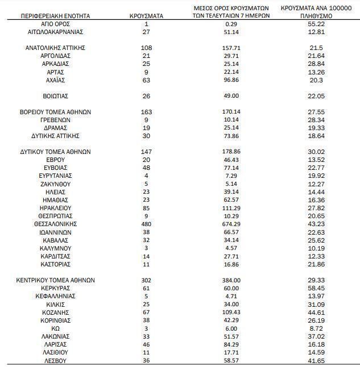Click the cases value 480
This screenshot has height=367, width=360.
(146, 224)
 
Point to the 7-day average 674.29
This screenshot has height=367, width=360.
(230, 224)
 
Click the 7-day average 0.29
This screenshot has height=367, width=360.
(230, 24)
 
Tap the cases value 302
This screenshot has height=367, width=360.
(146, 280)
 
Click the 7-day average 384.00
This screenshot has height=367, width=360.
(230, 280)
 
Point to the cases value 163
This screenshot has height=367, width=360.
(146, 112)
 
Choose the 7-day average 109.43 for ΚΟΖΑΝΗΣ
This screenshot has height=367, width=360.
(230, 312)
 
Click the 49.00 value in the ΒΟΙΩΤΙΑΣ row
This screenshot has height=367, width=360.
(230, 96)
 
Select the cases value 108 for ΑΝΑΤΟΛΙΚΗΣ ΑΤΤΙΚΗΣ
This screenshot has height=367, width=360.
(146, 48)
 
